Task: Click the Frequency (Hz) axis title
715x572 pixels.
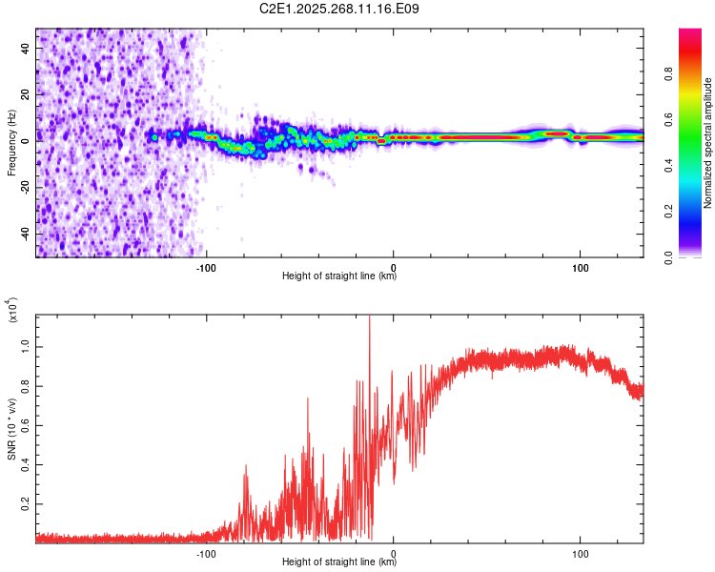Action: (12, 143)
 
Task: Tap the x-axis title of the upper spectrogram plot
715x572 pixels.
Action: (339, 276)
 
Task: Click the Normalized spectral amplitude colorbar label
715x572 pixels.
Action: (708, 143)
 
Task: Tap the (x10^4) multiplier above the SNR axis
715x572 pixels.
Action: (12, 310)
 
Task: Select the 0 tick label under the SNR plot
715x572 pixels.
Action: (395, 552)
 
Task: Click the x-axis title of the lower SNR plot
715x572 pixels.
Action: (339, 562)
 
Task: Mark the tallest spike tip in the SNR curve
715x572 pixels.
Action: (370, 317)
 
